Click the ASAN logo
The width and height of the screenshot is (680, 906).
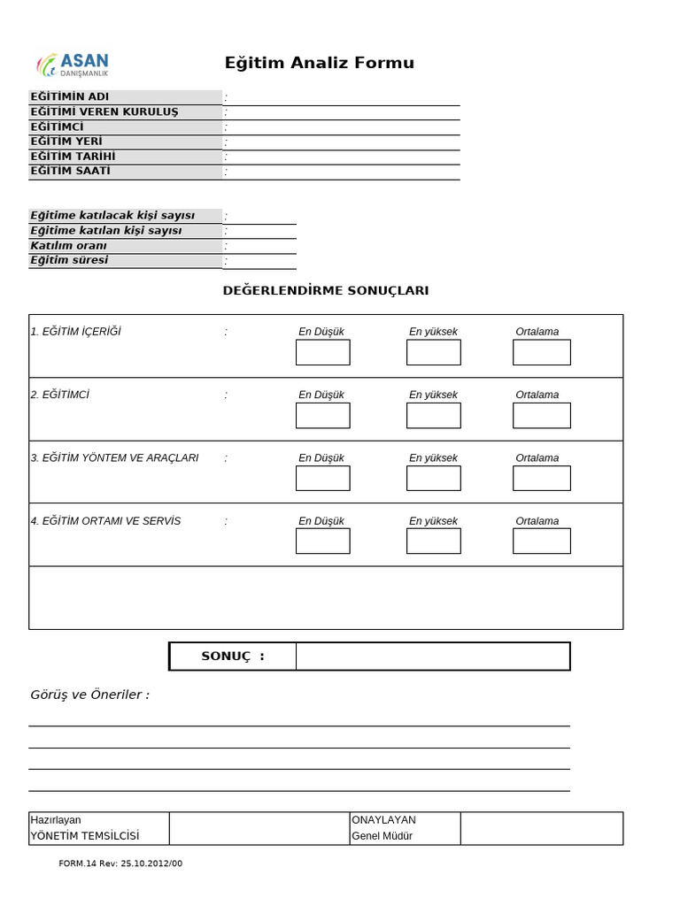coord(73,64)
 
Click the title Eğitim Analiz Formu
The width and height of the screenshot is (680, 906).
coord(319,63)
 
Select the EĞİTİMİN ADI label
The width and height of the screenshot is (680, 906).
coord(70,96)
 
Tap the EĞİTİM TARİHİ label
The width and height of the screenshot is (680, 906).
coord(73,157)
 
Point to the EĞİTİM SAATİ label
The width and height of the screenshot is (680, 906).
coord(70,172)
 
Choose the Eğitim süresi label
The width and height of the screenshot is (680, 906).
coord(69,260)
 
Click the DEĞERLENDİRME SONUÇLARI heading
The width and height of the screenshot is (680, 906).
coord(325,290)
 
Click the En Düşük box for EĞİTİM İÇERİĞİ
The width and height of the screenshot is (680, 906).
coord(322,352)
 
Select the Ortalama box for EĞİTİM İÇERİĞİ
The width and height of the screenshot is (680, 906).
coord(541,352)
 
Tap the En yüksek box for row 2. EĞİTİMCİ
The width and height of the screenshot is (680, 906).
coord(433,415)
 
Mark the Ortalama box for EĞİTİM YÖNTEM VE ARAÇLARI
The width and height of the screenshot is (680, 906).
coord(541,478)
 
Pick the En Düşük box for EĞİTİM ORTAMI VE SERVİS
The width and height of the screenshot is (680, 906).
coord(322,541)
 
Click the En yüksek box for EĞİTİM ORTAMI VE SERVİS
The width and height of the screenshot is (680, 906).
coord(433,541)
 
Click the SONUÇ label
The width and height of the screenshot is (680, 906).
coord(233,656)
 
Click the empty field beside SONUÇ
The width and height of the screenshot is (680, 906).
coord(433,656)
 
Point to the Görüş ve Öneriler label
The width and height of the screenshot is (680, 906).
coord(89,695)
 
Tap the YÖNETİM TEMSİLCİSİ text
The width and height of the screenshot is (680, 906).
coord(85,836)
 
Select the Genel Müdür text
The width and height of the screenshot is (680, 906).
coord(382,836)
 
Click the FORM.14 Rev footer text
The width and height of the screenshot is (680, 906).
coord(120,864)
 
